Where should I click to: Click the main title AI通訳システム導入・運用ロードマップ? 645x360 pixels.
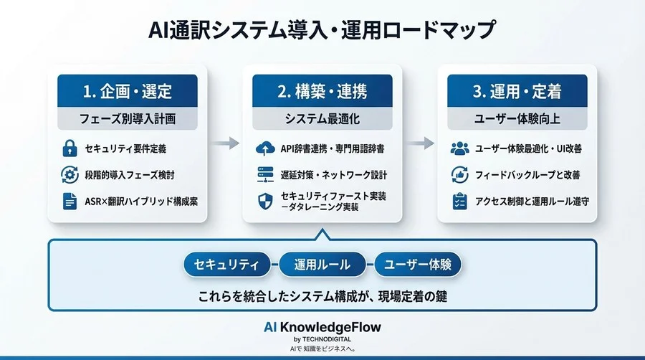coord(322,30)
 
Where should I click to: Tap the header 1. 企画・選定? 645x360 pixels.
coord(127,92)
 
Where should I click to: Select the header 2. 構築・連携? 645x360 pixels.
coord(322,92)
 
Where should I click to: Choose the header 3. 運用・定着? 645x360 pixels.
coord(517,92)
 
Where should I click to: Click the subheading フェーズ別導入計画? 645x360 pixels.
coord(127,118)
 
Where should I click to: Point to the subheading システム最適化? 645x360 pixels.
coord(322,118)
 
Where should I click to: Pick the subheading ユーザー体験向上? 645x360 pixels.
coord(517,118)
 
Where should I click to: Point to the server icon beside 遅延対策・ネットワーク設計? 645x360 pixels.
coord(265,175)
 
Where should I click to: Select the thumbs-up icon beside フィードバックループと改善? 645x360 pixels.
coord(459,175)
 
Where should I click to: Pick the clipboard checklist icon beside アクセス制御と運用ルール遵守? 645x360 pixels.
coord(459,202)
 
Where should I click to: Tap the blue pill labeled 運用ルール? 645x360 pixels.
coord(322,265)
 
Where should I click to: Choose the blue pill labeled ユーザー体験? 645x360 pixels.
coord(418,265)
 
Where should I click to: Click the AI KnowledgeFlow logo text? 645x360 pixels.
coord(322,327)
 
